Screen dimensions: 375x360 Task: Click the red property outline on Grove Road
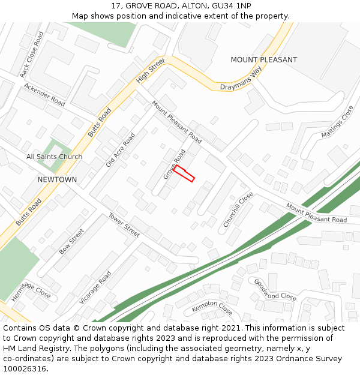coord(184,173)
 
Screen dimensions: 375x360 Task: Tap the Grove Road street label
coord(174,164)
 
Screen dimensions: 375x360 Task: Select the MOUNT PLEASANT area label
coord(263,60)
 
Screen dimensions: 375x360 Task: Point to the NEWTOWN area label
coord(57,179)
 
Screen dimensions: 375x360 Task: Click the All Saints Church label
coord(54,157)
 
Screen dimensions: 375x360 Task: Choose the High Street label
coord(150,71)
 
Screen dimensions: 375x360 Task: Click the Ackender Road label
coord(44,95)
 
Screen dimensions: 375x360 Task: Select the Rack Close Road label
coord(32,55)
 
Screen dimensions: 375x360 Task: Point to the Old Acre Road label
coord(121,150)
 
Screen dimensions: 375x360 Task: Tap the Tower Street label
coord(124,225)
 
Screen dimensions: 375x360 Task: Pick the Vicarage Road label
coord(95,287)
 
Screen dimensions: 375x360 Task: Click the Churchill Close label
coord(238,209)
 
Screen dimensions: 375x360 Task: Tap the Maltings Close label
coord(337,122)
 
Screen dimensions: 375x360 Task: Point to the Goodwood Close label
coord(275,289)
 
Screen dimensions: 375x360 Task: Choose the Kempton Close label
coord(212,308)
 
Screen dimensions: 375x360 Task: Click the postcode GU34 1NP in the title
coord(232,6)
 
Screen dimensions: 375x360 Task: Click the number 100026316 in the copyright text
coord(25,368)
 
